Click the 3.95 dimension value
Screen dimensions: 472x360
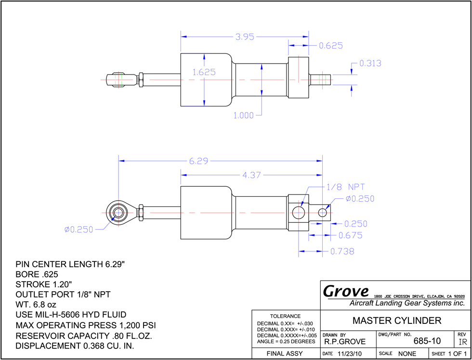coord(245,37)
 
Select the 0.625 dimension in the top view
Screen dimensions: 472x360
coord(331,46)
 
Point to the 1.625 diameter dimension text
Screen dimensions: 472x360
coord(204,72)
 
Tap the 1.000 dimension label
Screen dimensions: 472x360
coord(244,115)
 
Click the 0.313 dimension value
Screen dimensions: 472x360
coord(370,64)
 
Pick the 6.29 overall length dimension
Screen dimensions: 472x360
coord(198,161)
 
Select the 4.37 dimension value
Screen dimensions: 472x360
coord(251,175)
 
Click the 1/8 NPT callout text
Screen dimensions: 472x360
coord(346,187)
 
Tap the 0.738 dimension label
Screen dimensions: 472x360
coord(342,251)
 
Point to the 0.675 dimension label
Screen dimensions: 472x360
coord(351,235)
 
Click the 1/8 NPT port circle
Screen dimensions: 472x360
coord(299,213)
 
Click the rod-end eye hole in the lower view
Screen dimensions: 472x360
coord(118,213)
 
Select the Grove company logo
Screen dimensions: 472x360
coord(346,291)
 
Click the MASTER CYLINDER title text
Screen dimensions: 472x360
coord(397,321)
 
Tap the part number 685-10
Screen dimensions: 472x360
coord(427,341)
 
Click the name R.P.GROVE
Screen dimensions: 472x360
coord(345,342)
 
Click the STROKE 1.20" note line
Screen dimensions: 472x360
coord(44,284)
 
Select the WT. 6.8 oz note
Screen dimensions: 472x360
coord(36,305)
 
